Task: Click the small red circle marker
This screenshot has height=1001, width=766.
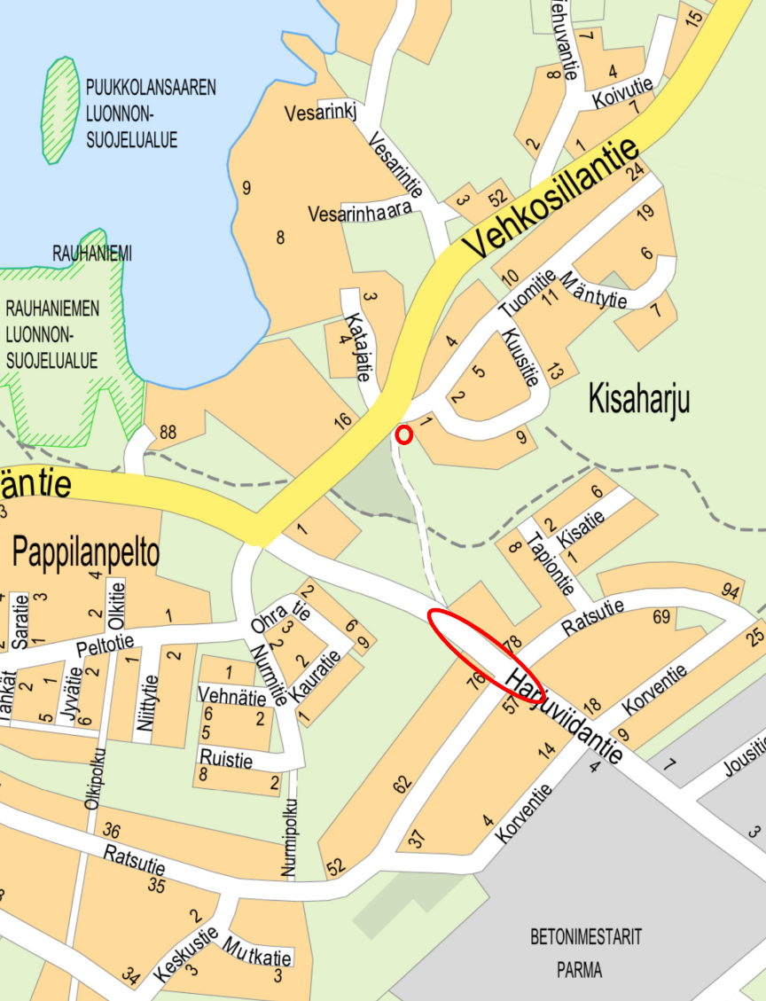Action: [404, 434]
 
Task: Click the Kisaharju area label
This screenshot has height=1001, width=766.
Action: [638, 400]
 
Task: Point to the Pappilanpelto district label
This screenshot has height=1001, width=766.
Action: [86, 552]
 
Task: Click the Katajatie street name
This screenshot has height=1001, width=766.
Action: [356, 347]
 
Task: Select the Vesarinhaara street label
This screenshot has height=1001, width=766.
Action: [361, 214]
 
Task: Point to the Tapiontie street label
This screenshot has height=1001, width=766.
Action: [551, 565]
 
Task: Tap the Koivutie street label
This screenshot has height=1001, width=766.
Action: [622, 91]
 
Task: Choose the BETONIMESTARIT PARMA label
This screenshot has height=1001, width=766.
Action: [586, 952]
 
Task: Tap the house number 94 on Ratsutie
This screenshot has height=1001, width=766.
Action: [731, 591]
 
